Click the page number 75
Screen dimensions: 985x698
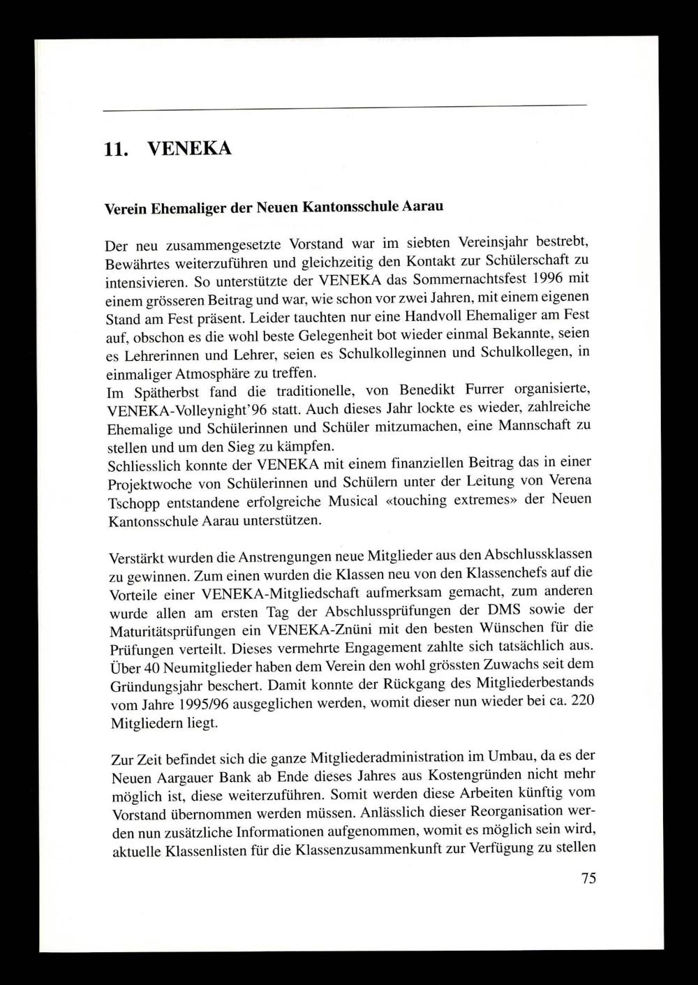pos(588,878)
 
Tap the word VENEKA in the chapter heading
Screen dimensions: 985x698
pos(190,149)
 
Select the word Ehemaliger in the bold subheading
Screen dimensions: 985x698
pos(184,208)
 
